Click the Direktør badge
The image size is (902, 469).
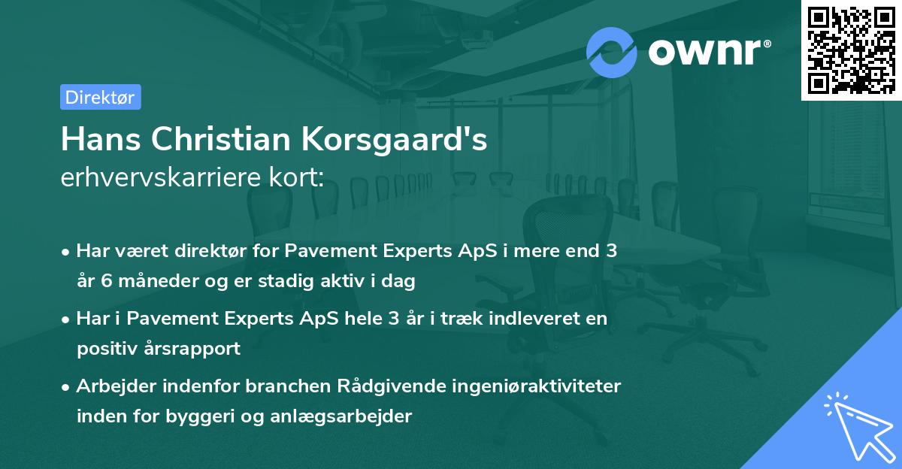coord(100,97)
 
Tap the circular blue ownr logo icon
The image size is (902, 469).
coord(612,52)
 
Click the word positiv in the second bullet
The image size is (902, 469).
coord(104,349)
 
